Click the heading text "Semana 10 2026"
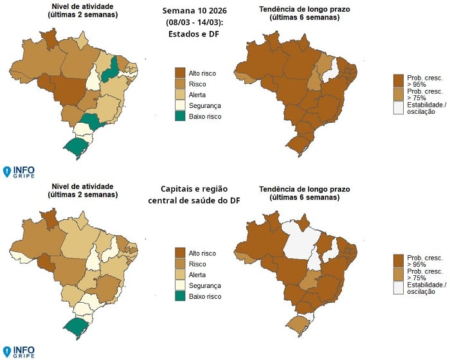click(x=194, y=12)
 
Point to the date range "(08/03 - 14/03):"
click(x=194, y=23)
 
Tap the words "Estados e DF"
click(x=194, y=35)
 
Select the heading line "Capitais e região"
click(x=194, y=189)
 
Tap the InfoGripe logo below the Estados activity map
click(x=19, y=172)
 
